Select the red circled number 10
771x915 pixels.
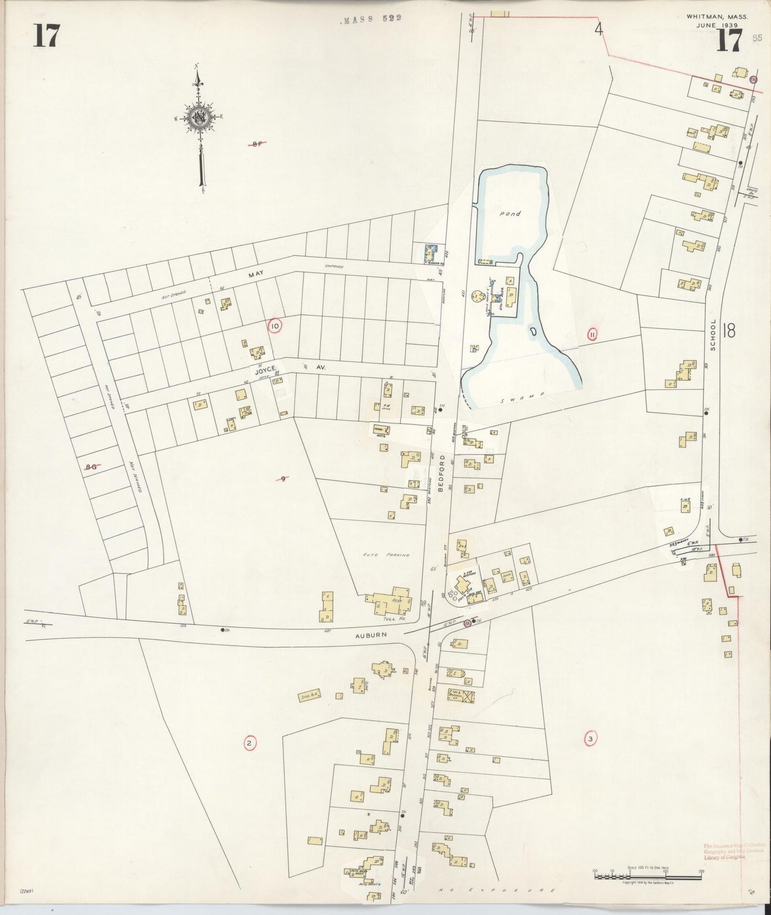pos(275,326)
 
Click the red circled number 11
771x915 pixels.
pos(592,335)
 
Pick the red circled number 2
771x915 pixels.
pos(249,743)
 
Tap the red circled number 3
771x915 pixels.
pos(590,739)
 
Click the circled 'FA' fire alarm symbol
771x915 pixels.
pos(468,623)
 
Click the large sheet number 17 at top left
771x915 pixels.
pos(46,36)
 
